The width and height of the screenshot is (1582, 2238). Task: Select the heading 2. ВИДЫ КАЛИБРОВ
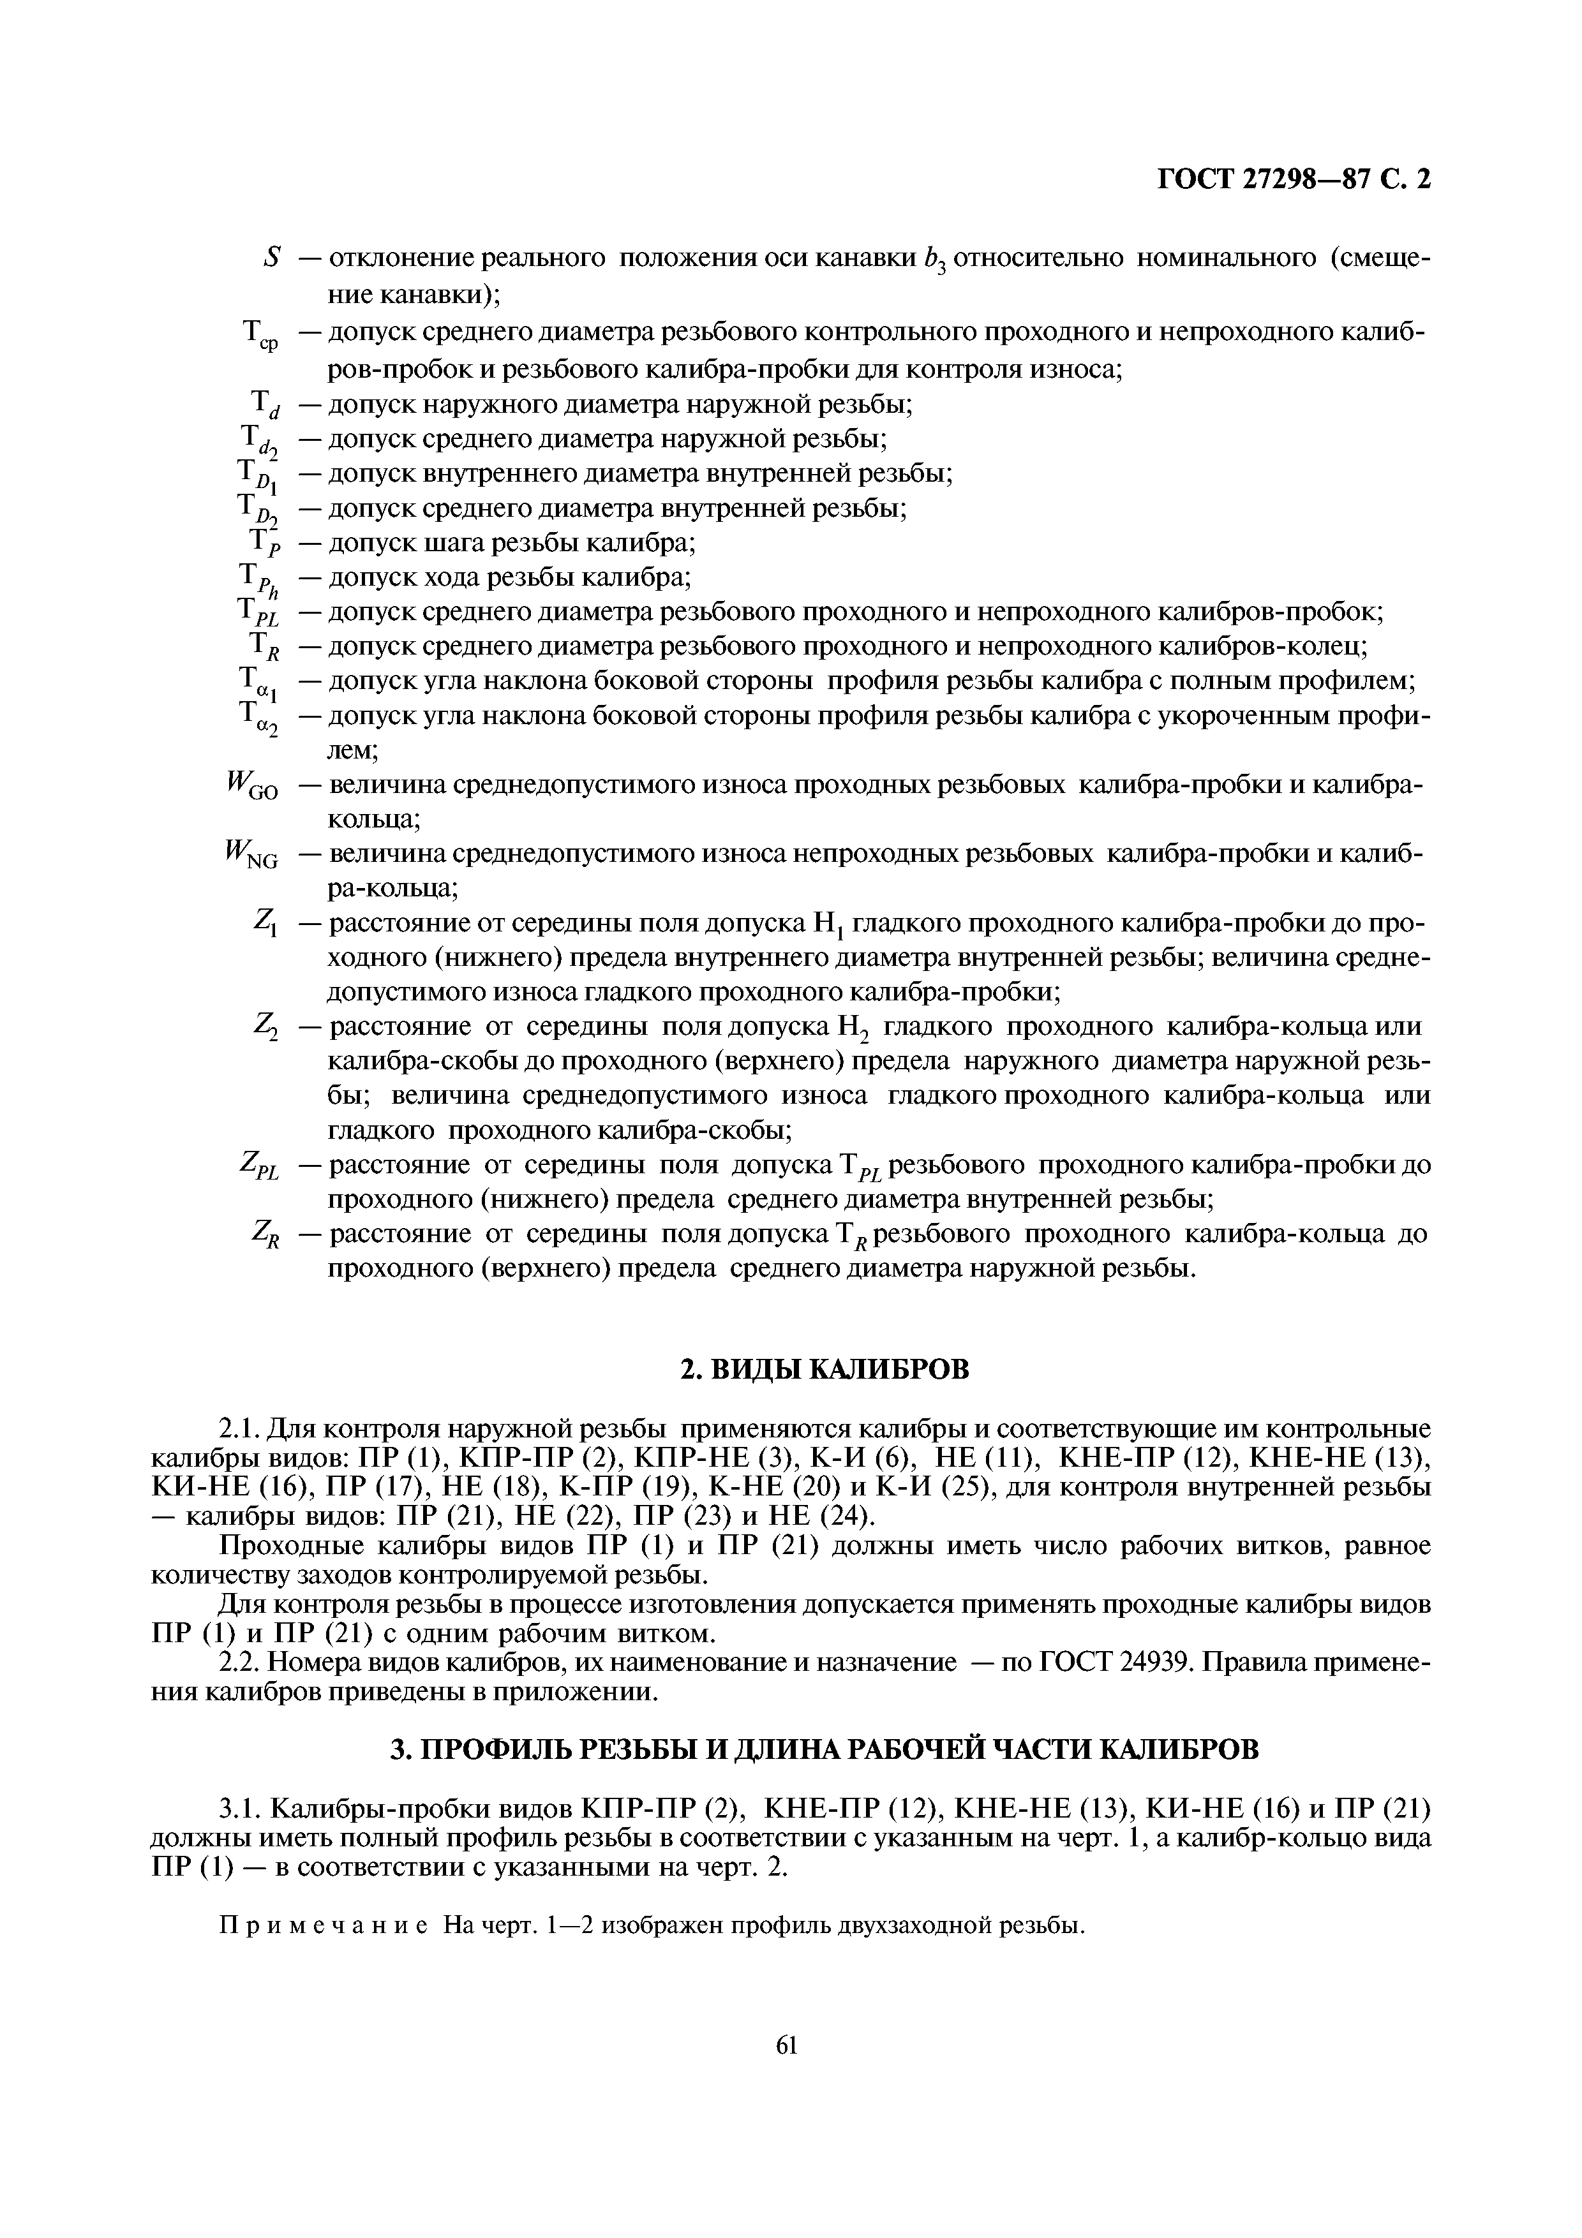click(x=825, y=1370)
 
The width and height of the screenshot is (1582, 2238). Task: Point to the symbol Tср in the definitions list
click(x=259, y=336)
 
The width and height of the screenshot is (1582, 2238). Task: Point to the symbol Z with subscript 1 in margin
click(x=265, y=922)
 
